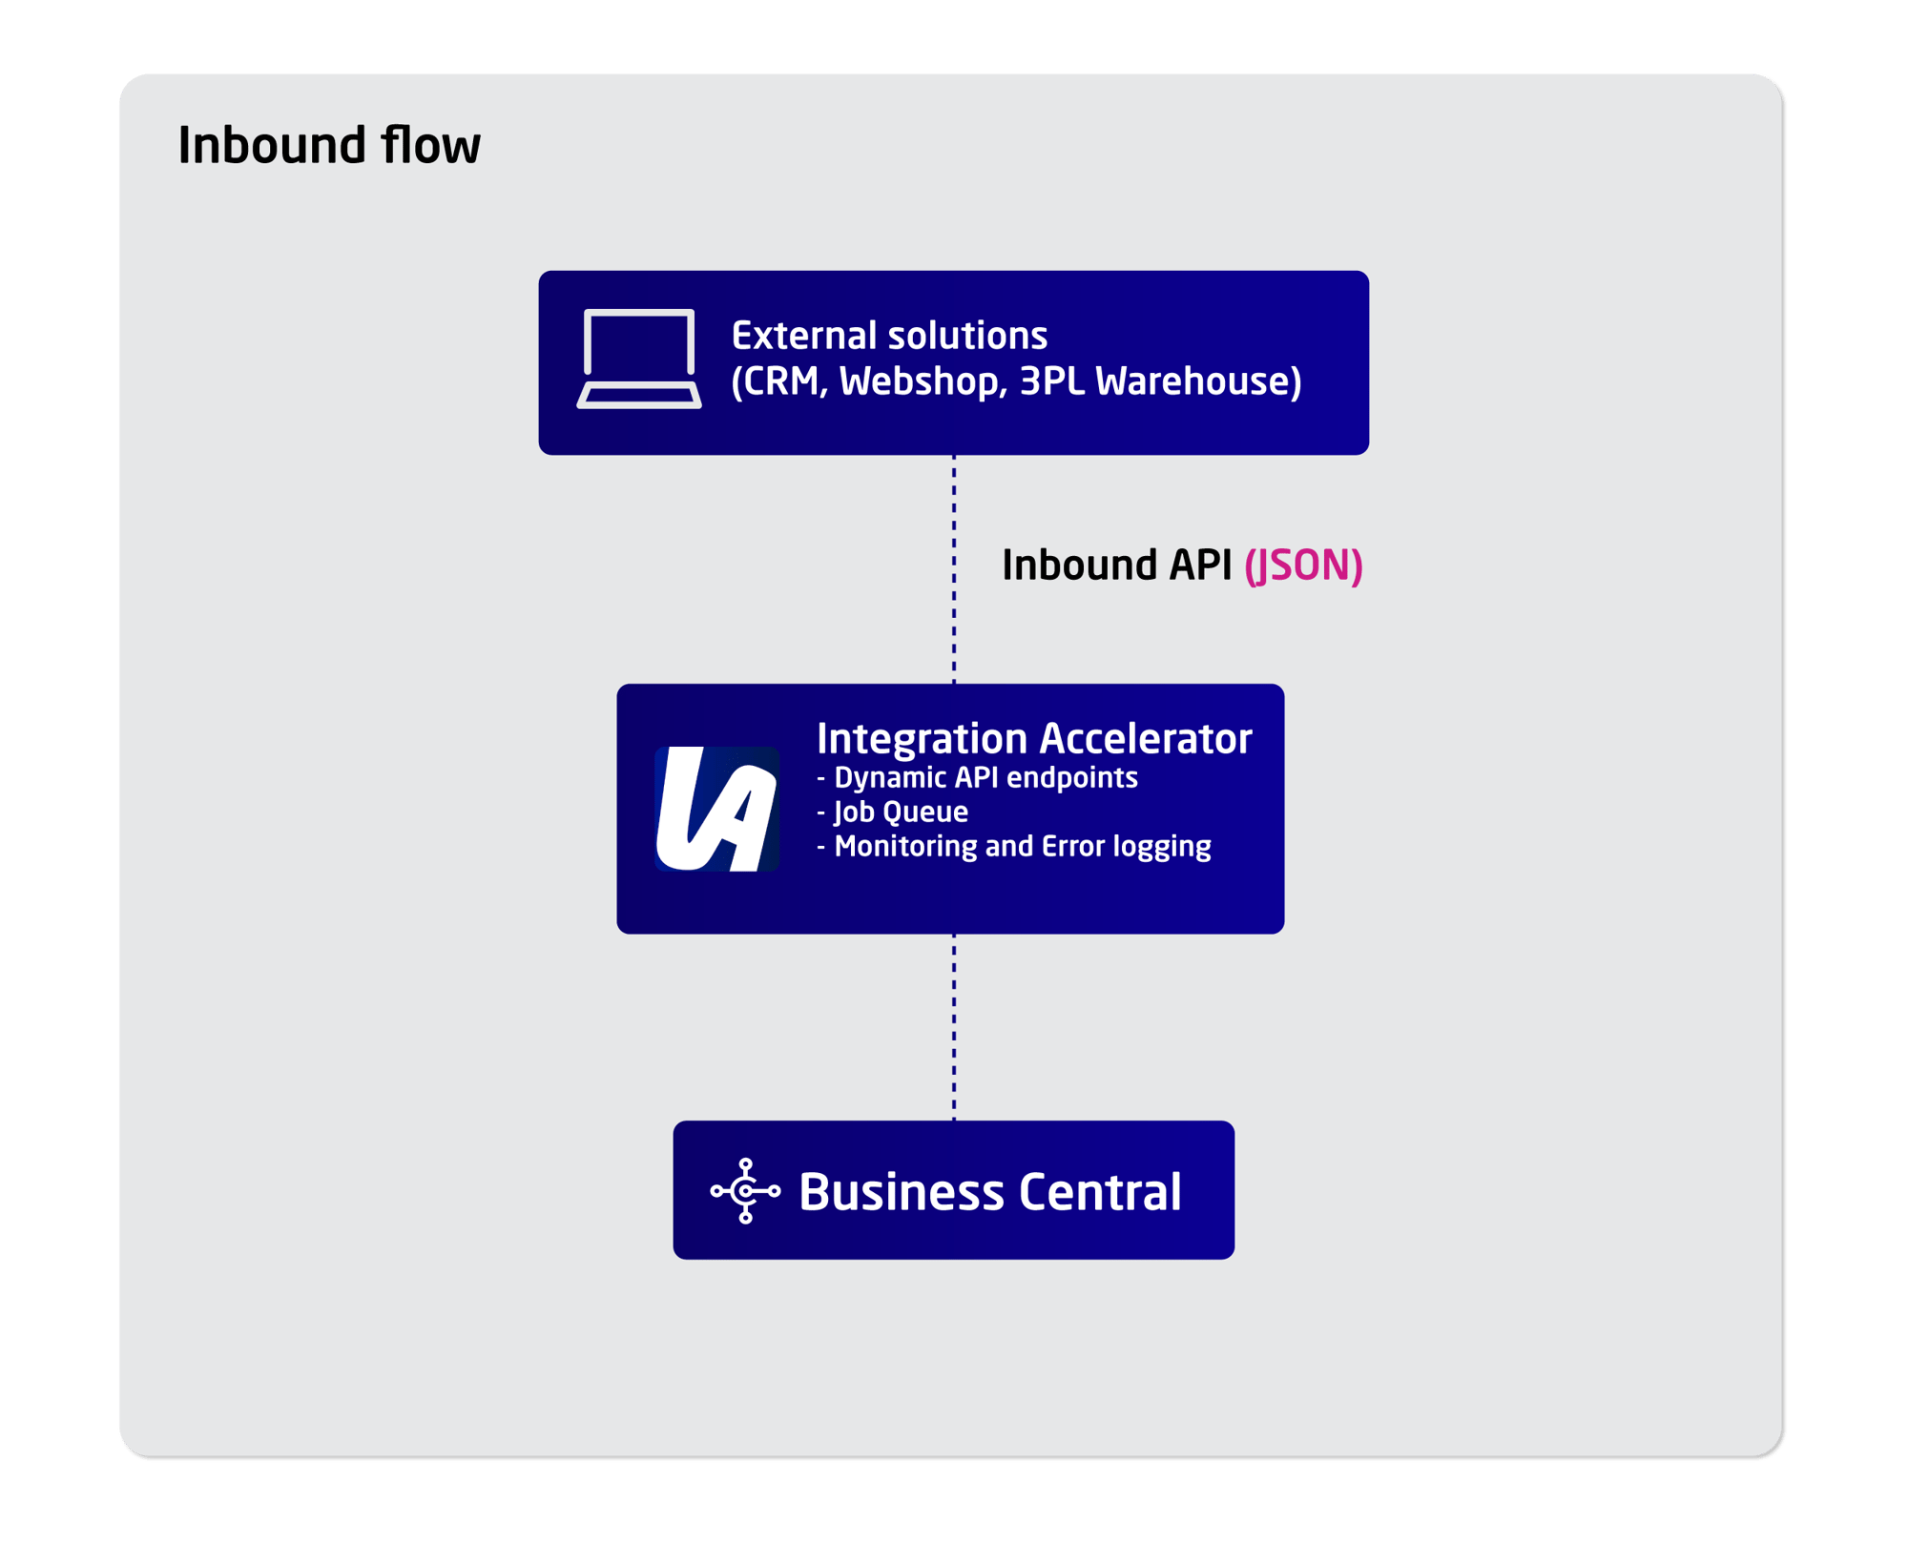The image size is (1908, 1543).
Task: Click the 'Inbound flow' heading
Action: [329, 146]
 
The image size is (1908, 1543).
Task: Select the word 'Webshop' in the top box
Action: [921, 381]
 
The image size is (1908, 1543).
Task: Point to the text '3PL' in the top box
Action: [1051, 381]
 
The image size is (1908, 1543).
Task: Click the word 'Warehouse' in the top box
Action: [1197, 381]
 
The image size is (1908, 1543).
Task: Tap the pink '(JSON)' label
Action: [1303, 566]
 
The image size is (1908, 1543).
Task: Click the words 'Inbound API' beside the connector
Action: [1116, 566]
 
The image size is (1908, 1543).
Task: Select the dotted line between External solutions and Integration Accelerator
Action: [954, 572]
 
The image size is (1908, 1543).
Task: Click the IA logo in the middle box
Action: [717, 809]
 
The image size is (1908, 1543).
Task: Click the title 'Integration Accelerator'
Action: [1034, 739]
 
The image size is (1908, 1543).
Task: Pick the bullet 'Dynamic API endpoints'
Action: [985, 778]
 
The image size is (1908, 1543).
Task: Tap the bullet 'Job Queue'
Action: [901, 813]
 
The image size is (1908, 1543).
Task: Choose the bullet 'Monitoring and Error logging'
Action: [1022, 847]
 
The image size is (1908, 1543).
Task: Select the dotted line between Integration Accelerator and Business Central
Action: [954, 1027]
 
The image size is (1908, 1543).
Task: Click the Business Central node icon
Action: [746, 1191]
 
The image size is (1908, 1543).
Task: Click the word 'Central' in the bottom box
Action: [1100, 1192]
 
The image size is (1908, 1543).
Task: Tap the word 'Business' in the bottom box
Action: [901, 1192]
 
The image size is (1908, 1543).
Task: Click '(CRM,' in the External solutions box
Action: [778, 381]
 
